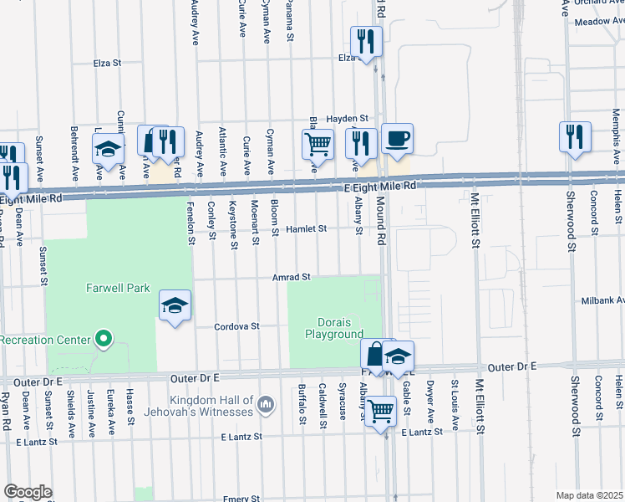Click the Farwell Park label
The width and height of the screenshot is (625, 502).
tap(118, 289)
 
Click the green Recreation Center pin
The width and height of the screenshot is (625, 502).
tap(104, 339)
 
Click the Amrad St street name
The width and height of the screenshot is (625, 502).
tap(291, 277)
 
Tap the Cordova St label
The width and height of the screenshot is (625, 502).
tap(237, 326)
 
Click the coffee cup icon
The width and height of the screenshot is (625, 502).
tap(397, 139)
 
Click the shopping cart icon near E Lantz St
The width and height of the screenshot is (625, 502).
tap(381, 411)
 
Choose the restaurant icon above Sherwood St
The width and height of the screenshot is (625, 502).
tap(575, 136)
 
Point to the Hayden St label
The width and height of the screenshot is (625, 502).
tap(348, 119)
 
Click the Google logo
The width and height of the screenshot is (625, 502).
tap(28, 491)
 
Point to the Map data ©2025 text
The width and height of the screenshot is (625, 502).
tap(589, 495)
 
